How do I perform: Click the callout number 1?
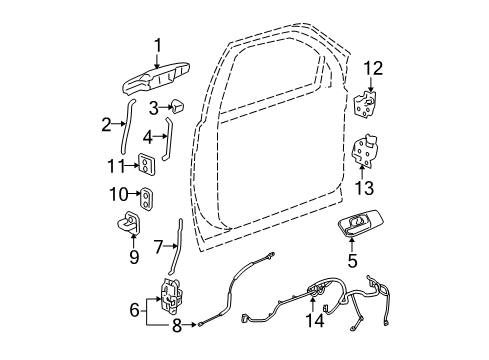click(157, 43)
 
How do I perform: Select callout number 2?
click(105, 124)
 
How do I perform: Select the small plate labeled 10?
click(146, 198)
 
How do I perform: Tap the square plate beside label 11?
click(148, 165)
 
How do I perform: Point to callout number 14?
click(318, 322)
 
